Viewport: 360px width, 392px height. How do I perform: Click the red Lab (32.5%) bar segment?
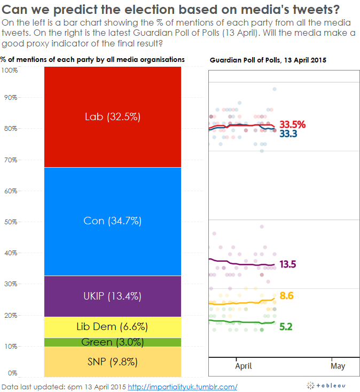tap(113, 116)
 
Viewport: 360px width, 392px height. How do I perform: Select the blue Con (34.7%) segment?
tap(113, 221)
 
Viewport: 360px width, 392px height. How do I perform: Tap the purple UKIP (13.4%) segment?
tap(113, 296)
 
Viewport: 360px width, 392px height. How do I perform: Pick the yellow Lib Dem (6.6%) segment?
tap(113, 327)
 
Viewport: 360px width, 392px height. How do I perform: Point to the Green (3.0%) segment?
tap(113, 342)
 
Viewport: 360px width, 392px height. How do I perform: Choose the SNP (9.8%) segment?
tap(113, 362)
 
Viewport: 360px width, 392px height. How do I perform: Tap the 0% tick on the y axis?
tap(12, 373)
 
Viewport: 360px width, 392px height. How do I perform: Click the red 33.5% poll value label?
tap(293, 124)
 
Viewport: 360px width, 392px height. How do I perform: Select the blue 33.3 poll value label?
tap(288, 134)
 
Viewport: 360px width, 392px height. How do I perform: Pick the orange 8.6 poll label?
tap(286, 296)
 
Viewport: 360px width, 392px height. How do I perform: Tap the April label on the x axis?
tap(243, 366)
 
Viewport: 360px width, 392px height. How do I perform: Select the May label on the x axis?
tap(338, 366)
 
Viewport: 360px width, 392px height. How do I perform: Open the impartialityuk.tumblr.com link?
tap(183, 386)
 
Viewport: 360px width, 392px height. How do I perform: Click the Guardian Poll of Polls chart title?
tap(268, 60)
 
